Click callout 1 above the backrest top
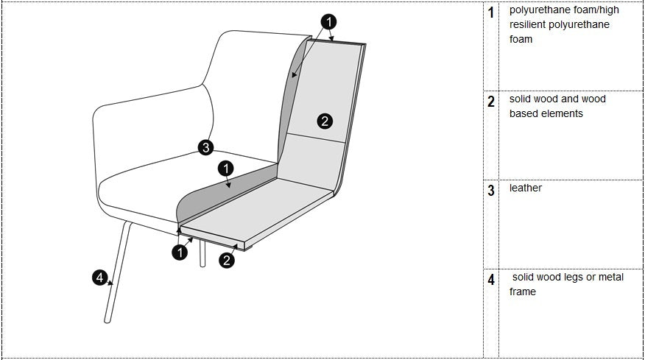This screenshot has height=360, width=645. (330, 21)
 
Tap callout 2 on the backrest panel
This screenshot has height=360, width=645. (325, 121)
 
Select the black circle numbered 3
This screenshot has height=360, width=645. (206, 147)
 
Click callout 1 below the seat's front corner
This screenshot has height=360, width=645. (180, 253)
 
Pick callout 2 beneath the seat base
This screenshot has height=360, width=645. (227, 260)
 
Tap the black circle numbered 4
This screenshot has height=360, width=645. (99, 278)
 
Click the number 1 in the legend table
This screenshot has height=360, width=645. (491, 13)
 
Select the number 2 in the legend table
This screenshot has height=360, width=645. (491, 102)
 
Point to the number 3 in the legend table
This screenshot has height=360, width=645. (491, 191)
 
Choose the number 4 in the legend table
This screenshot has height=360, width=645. (491, 280)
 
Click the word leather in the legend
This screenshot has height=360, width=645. (526, 188)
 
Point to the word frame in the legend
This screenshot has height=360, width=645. (523, 292)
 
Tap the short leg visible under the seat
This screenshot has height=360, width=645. (202, 253)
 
